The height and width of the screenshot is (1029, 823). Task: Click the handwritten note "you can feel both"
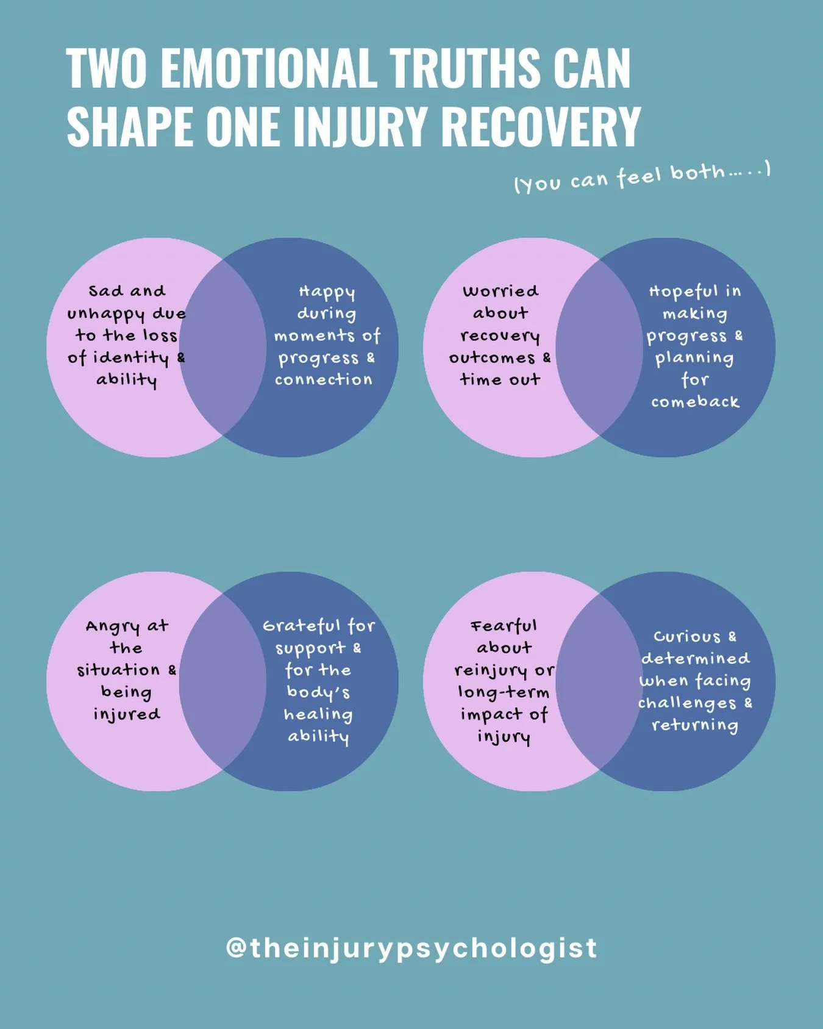642,177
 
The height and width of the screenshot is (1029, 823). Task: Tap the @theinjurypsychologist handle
411,948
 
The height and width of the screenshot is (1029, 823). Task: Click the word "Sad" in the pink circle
105,291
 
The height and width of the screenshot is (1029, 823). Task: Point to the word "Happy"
327,292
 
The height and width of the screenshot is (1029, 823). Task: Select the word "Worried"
501,291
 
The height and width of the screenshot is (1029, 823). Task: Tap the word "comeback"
695,402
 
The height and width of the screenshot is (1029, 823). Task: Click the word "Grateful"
302,626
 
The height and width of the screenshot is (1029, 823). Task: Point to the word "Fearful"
504,626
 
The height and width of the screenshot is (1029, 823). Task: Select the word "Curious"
686,637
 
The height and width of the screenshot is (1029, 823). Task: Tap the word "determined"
695,659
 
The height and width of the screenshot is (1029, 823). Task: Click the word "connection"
323,380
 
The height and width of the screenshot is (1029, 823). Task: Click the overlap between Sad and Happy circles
223,348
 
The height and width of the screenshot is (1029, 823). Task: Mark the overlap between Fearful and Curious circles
599,681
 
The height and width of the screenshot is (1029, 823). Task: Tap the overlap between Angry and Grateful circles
223,681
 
